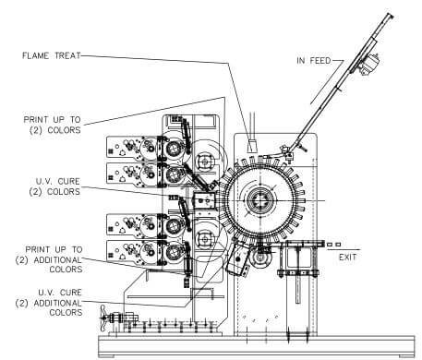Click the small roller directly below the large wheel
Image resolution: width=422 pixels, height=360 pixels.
pyautogui.click(x=261, y=262)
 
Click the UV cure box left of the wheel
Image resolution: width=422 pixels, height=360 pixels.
pyautogui.click(x=204, y=200)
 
